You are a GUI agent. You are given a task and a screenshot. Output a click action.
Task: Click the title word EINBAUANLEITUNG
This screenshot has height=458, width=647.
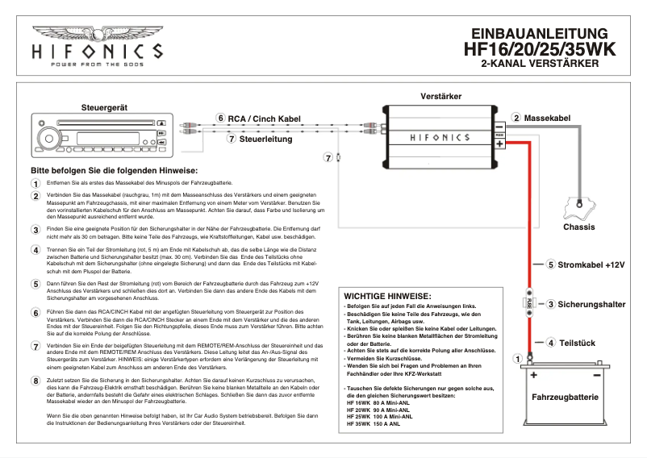539,34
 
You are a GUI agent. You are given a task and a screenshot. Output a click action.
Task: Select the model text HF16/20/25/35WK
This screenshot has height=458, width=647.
539,49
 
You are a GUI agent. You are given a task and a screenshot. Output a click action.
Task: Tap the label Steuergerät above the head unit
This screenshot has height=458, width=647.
106,107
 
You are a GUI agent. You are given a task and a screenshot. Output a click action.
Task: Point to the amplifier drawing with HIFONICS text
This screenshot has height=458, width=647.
440,138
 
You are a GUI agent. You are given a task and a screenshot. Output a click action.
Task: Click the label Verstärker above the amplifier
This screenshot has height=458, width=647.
441,97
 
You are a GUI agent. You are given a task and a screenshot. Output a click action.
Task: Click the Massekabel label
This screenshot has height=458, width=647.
547,119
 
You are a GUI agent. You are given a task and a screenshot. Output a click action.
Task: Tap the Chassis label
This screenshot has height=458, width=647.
578,227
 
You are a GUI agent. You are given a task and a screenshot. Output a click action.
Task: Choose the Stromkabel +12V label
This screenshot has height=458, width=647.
591,264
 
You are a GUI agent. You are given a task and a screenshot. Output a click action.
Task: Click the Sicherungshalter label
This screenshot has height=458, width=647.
592,305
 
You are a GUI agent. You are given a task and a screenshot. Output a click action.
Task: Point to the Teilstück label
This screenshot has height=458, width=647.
578,342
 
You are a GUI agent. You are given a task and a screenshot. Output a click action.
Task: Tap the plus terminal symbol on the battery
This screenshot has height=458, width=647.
532,375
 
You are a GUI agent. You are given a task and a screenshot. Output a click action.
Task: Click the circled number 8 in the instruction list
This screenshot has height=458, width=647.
35,381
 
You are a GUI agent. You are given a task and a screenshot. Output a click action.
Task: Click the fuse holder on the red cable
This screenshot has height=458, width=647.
530,304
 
